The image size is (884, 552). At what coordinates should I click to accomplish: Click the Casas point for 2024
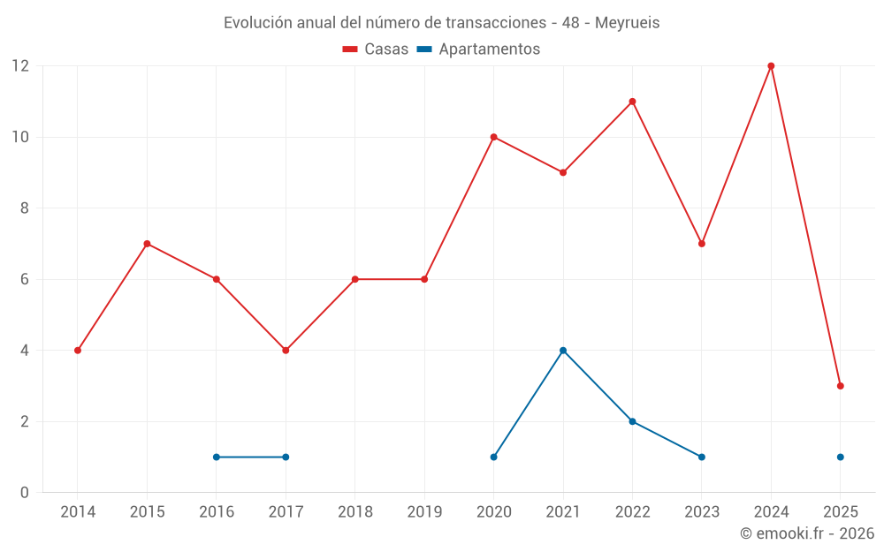pyautogui.click(x=771, y=66)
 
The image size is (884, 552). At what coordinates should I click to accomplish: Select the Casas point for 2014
pyautogui.click(x=78, y=351)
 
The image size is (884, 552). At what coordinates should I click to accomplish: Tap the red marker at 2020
pyautogui.click(x=493, y=137)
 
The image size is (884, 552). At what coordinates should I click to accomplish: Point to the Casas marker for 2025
pyautogui.click(x=840, y=386)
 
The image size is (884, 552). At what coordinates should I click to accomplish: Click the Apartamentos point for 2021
pyautogui.click(x=563, y=351)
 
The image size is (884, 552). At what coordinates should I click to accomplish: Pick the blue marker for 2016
pyautogui.click(x=217, y=457)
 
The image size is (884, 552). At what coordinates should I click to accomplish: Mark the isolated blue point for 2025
pyautogui.click(x=840, y=457)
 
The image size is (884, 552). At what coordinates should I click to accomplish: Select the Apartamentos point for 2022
pyautogui.click(x=632, y=421)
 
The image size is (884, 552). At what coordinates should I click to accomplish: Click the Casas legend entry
pyautogui.click(x=376, y=49)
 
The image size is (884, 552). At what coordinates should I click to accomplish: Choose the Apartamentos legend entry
pyautogui.click(x=478, y=49)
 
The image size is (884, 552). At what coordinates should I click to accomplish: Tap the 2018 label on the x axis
pyautogui.click(x=354, y=511)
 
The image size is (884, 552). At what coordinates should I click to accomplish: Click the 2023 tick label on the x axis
pyautogui.click(x=701, y=511)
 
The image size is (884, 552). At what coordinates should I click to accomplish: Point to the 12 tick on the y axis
pyautogui.click(x=20, y=66)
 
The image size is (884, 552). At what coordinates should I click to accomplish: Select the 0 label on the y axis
pyautogui.click(x=25, y=492)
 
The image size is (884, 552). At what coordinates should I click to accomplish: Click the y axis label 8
pyautogui.click(x=25, y=208)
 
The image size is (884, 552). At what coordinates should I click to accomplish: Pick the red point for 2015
pyautogui.click(x=147, y=244)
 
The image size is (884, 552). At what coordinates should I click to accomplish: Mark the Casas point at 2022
pyautogui.click(x=632, y=102)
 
